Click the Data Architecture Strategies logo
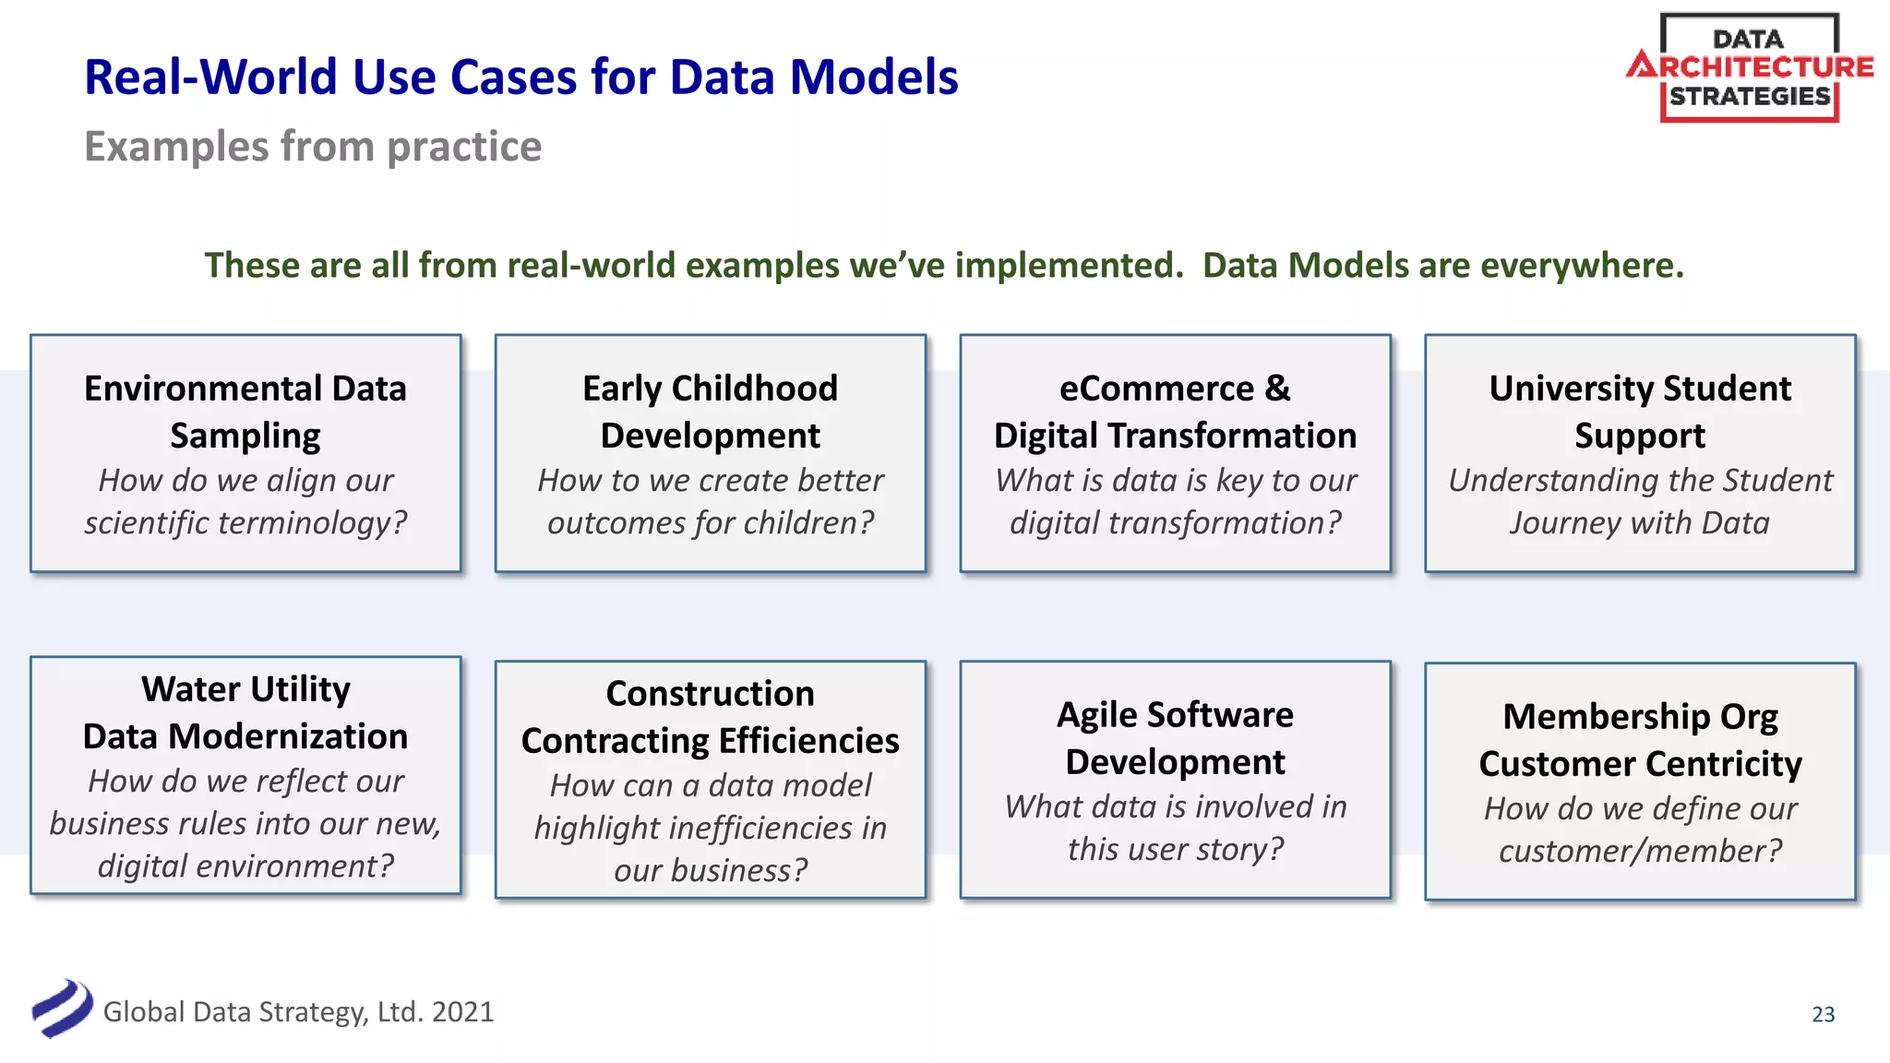tap(1749, 67)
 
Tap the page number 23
tap(1823, 1014)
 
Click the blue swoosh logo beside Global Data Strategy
tap(62, 1008)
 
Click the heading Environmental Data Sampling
tap(245, 412)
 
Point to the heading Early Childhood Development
tap(710, 412)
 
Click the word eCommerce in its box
tap(1155, 388)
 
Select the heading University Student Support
tap(1640, 412)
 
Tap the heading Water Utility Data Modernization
tap(245, 712)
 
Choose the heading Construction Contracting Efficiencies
tap(710, 717)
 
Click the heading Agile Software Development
tap(1175, 738)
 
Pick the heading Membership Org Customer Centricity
tap(1640, 740)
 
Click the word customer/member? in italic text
tap(1640, 851)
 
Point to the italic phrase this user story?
tap(1175, 849)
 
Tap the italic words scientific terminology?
tap(245, 523)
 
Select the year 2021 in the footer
tap(462, 1012)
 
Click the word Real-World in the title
tap(209, 77)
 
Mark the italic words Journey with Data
tap(1640, 523)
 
